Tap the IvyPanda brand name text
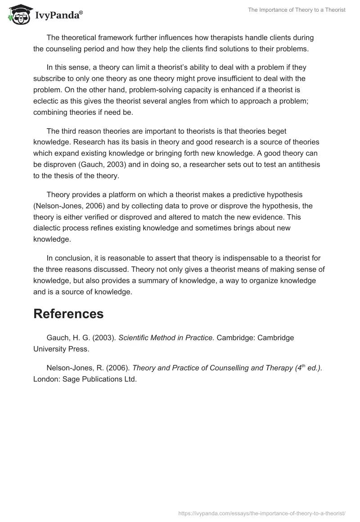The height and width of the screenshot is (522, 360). tap(58, 15)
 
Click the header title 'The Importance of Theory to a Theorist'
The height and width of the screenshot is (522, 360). tap(297, 10)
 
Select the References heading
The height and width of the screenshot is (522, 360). tap(68, 314)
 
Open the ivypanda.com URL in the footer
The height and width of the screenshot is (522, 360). tap(262, 513)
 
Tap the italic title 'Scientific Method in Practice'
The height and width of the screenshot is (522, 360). tap(166, 337)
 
